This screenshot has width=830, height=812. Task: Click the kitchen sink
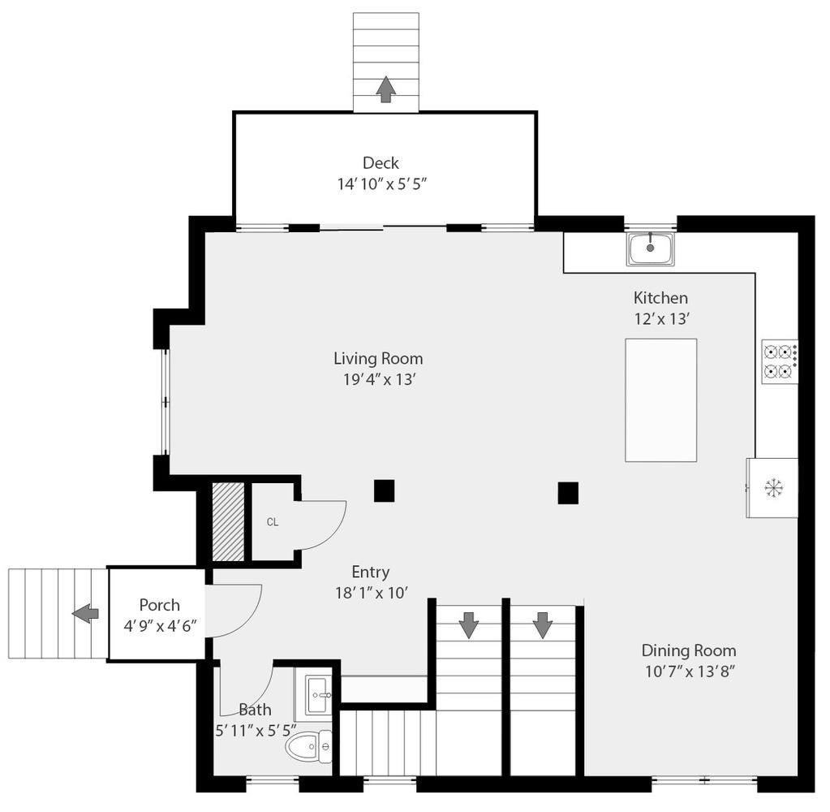pos(651,248)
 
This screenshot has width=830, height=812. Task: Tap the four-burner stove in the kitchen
pos(780,362)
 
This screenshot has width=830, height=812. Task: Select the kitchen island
pos(660,400)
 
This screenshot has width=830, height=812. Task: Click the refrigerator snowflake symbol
pos(773,488)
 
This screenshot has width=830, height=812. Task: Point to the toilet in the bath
pos(308,747)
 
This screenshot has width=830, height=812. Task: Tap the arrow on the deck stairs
pos(386,89)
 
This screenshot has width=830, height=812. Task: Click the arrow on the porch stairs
pos(85,613)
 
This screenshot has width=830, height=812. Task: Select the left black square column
pos(385,490)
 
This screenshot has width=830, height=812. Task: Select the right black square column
pos(568,493)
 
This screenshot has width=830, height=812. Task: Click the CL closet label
pos(272,522)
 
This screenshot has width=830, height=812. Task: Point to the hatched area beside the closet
pos(228,521)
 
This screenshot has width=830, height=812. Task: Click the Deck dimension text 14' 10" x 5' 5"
pos(382,184)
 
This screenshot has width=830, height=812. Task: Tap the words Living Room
pos(378,359)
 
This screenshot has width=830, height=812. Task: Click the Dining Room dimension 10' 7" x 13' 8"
pos(690,672)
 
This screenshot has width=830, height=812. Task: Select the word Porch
pos(159,605)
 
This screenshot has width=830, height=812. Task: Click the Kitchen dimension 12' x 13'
pos(662,319)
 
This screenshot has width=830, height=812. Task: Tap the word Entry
pos(371,572)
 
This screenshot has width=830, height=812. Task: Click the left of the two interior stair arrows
pos(468,624)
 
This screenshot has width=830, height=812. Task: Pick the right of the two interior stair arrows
pos(543,624)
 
